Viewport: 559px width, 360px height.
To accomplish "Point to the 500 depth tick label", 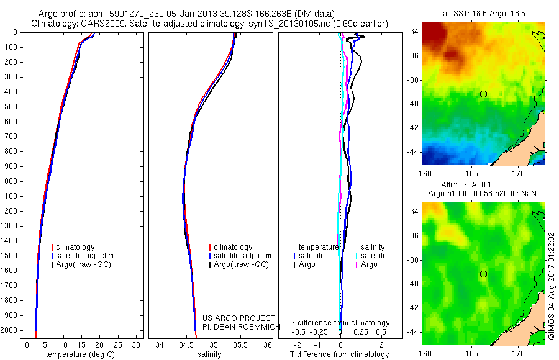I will point(9,107).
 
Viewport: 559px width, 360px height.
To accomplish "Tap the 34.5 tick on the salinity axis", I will point(186,344).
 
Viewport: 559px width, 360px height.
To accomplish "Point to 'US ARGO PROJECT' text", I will point(229,318).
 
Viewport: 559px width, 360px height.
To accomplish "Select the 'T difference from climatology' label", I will point(339,354).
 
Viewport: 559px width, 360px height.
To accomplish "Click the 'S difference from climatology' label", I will point(340,323).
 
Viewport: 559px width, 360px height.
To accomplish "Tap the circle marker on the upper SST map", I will point(483,94).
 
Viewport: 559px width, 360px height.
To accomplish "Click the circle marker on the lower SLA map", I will point(483,274).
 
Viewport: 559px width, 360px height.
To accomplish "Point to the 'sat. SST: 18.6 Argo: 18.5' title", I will point(483,14).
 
